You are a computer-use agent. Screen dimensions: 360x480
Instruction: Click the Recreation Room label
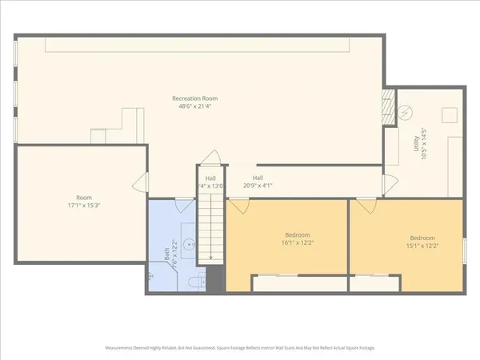[x=194, y=98]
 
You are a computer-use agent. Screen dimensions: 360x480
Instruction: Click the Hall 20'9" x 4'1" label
[x=258, y=182]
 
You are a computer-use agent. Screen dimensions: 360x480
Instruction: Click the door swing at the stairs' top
[x=210, y=158]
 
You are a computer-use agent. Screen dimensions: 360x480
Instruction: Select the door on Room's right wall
[x=141, y=184]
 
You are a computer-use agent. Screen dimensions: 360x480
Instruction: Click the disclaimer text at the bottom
[x=240, y=348]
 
